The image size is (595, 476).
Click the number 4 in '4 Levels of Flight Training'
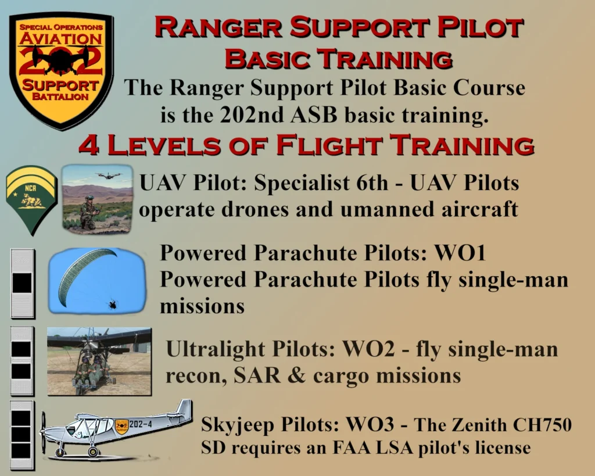(88, 145)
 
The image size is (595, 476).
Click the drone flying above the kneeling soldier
(109, 176)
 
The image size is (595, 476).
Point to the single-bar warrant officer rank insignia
(23, 283)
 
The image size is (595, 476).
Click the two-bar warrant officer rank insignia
(21, 360)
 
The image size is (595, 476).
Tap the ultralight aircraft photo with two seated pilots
(99, 362)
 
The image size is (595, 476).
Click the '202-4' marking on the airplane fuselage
(141, 424)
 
